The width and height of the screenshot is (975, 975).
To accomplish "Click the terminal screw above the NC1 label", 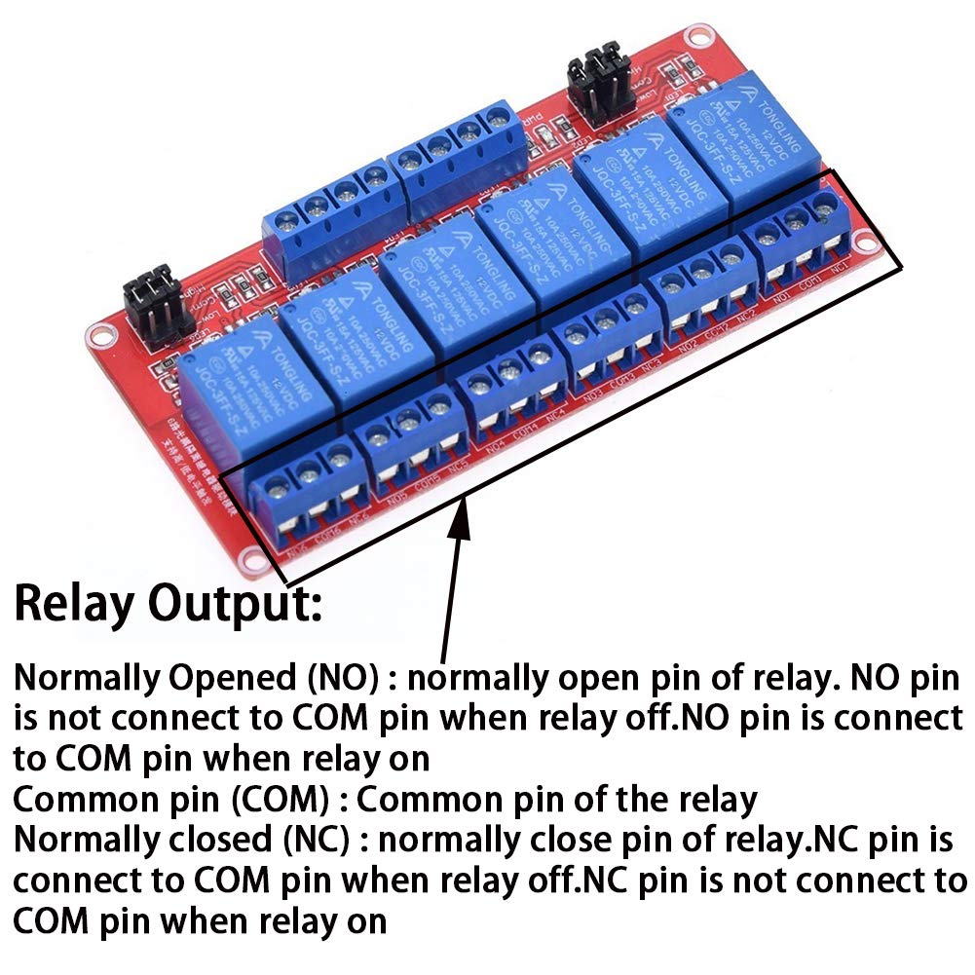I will click(x=825, y=205).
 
